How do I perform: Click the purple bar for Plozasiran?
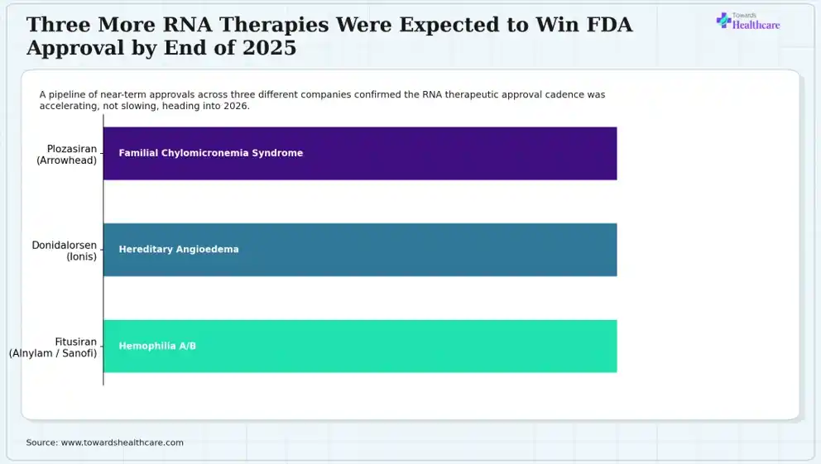360,153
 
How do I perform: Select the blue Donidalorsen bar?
360,250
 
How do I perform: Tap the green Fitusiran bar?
360,347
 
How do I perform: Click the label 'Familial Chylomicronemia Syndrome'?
211,153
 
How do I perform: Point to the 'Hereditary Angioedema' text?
179,250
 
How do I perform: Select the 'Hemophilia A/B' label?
157,346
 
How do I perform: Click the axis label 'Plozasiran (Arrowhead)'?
67,155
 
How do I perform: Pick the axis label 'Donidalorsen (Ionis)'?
65,251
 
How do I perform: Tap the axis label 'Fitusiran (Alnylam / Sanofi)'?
53,347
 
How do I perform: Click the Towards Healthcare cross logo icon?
723,21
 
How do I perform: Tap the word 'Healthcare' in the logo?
756,25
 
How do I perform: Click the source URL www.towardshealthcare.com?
122,442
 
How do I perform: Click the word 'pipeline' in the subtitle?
66,94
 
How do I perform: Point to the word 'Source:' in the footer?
42,442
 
